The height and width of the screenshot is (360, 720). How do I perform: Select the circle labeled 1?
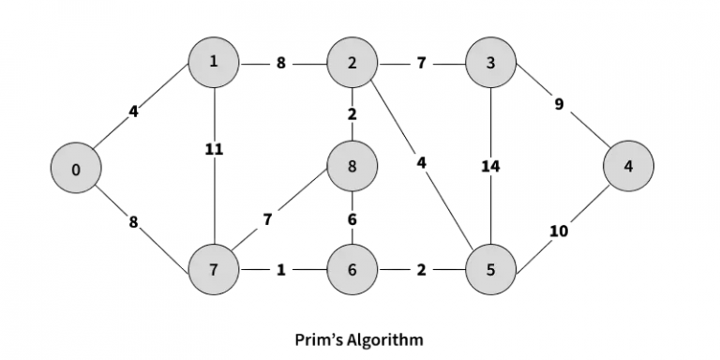pos(214,63)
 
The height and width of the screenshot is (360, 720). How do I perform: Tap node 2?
pos(352,63)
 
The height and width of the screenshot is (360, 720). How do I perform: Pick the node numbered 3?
pos(490,63)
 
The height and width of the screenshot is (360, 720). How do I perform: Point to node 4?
pos(629,167)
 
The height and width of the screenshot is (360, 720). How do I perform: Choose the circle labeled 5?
pos(490,270)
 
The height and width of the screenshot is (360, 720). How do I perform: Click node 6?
pos(352,270)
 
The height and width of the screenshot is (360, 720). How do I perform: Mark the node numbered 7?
pos(214,270)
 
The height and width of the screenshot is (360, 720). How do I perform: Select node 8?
pos(352,167)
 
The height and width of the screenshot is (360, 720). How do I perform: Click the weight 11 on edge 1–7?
pos(214,150)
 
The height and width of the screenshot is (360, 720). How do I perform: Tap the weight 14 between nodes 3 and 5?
pos(490,168)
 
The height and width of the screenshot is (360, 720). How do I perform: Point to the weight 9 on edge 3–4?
pos(559,105)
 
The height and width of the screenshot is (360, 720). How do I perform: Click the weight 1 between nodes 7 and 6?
pos(282,270)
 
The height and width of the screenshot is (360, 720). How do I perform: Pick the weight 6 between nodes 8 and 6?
pos(352,219)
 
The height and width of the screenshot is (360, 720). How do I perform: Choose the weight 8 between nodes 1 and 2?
pos(282,64)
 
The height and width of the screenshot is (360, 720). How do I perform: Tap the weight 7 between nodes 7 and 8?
pos(268,220)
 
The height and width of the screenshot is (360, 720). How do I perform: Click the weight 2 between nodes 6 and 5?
pos(421,270)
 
